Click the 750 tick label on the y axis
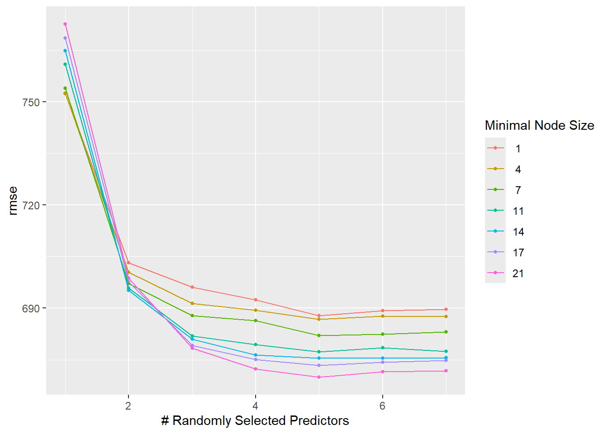[31, 102]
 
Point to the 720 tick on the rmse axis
[31, 205]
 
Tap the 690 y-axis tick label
[31, 308]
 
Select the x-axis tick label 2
[128, 406]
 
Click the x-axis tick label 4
[256, 406]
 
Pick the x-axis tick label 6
[383, 406]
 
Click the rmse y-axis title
[13, 200]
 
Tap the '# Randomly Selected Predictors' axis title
[255, 420]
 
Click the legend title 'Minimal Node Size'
[539, 125]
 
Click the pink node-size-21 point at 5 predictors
[319, 377]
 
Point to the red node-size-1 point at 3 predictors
[192, 287]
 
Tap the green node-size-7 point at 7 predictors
[446, 332]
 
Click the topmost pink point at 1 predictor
[65, 24]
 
